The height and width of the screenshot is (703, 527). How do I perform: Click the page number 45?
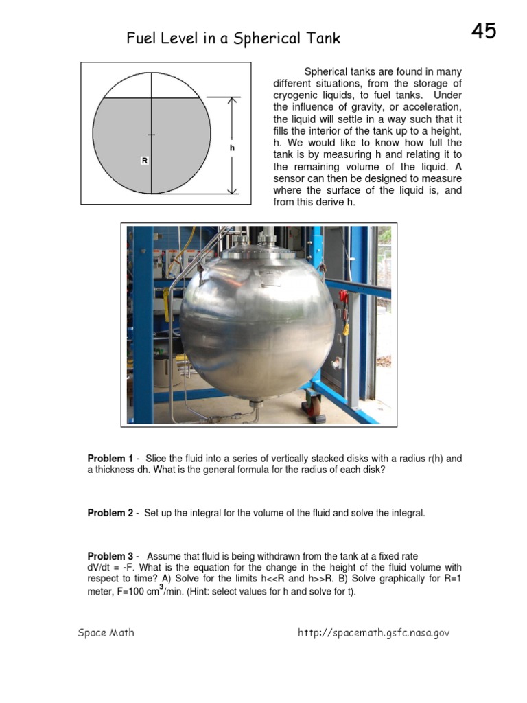coord(484,30)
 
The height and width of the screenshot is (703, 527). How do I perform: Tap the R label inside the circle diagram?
coord(145,160)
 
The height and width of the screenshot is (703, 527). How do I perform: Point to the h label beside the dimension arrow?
coord(233,148)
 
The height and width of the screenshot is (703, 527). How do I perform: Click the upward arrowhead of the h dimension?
coord(233,101)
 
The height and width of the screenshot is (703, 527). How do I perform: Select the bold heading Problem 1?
coord(110,459)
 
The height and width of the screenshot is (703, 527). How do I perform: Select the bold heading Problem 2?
coord(110,513)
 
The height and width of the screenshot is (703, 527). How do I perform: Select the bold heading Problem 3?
coord(110,556)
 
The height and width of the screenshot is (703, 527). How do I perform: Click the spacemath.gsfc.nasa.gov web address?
coord(373,633)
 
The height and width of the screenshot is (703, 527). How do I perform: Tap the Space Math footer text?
coord(106,633)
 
